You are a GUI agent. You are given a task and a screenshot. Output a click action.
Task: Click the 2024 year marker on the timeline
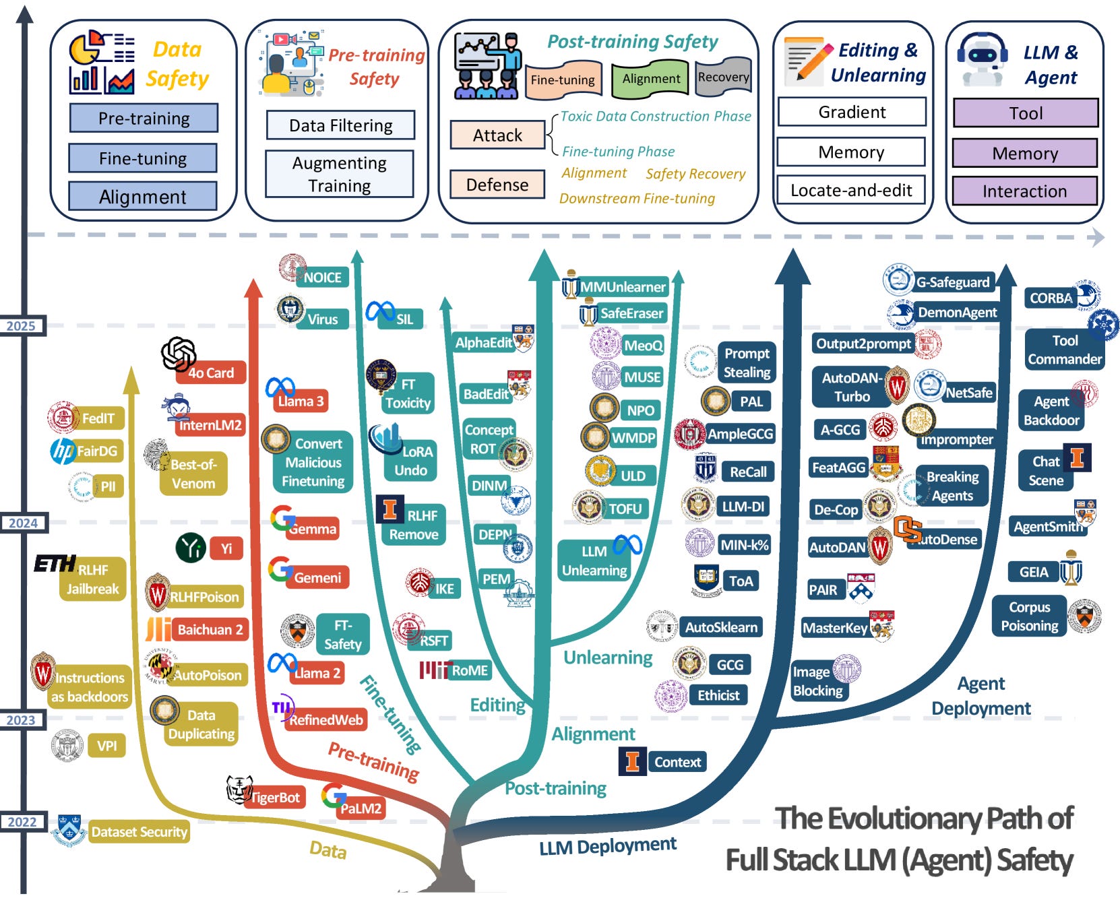23,523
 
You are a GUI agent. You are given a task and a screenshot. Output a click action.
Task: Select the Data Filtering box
340,125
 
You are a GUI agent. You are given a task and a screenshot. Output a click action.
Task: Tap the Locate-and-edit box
851,191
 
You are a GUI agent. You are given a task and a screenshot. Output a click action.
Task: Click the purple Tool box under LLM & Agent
1026,113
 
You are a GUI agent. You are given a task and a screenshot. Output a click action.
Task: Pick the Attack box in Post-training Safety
497,135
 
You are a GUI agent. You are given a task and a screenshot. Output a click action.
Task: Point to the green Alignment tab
651,79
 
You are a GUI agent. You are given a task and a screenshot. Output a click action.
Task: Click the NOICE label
322,278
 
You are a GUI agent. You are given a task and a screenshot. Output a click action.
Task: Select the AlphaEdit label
483,343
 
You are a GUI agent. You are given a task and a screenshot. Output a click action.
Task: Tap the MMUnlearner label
623,287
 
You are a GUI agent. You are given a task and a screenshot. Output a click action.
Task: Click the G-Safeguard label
952,282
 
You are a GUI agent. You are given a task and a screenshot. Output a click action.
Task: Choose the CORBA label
1050,298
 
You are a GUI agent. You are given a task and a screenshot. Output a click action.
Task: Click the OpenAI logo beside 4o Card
179,354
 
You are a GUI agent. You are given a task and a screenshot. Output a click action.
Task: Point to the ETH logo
55,563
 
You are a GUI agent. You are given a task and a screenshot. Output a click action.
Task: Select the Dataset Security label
139,832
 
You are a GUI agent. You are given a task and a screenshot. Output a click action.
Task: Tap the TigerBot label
275,798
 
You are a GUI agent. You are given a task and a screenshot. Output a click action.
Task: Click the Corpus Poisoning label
1029,616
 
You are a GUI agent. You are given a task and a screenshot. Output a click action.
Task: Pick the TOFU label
625,509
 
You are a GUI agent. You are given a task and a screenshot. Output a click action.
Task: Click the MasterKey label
835,628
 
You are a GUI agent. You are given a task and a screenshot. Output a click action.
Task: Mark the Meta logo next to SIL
380,311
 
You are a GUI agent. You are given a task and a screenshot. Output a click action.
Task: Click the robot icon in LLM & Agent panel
982,59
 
